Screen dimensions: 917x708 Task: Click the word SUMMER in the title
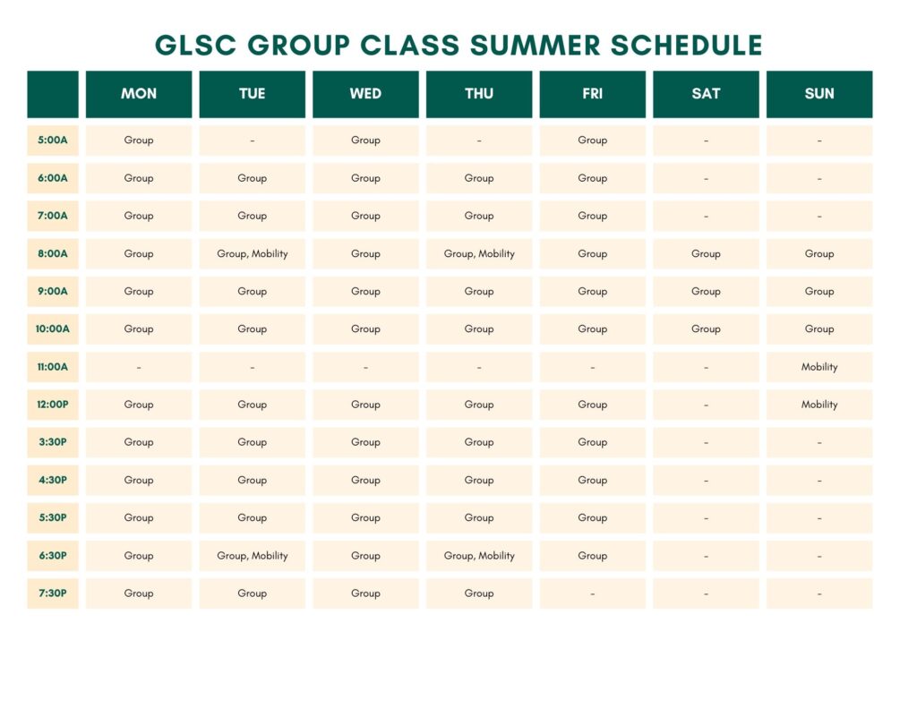click(535, 46)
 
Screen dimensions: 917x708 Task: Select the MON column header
click(139, 94)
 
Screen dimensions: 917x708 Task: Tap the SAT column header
click(706, 94)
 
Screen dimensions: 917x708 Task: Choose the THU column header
click(479, 94)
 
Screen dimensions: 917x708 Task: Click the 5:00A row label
click(53, 141)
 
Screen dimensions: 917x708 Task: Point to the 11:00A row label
click(53, 367)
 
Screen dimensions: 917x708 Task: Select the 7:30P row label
click(53, 593)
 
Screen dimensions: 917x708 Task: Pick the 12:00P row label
click(53, 405)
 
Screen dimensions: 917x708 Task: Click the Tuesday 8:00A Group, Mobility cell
click(252, 253)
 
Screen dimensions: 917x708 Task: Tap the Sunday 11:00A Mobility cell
click(819, 367)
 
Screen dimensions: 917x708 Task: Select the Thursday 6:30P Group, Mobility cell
click(479, 556)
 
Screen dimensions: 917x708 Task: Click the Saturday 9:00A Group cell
click(706, 291)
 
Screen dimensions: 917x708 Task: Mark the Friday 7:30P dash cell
click(593, 593)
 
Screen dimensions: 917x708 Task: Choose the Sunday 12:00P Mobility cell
click(819, 405)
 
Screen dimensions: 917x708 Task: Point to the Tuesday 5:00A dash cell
click(252, 141)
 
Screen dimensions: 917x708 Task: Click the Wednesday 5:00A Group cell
click(365, 141)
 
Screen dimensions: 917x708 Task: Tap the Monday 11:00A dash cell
click(139, 367)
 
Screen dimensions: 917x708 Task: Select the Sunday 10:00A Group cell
click(819, 329)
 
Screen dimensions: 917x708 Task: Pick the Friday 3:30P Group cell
click(593, 442)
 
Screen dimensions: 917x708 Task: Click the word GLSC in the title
click(195, 46)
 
